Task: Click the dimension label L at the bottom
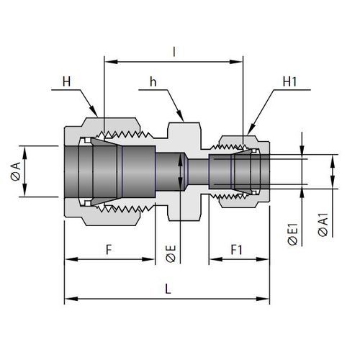pyautogui.click(x=168, y=289)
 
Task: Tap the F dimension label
pyautogui.click(x=109, y=250)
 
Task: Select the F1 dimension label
pyautogui.click(x=237, y=250)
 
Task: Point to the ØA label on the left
pyautogui.click(x=16, y=171)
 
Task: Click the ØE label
pyautogui.click(x=171, y=254)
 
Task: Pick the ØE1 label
pyautogui.click(x=293, y=235)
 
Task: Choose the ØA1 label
pyautogui.click(x=323, y=225)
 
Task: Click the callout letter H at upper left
pyautogui.click(x=67, y=81)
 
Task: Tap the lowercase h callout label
pyautogui.click(x=153, y=81)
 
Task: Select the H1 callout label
pyautogui.click(x=289, y=81)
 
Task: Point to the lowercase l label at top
pyautogui.click(x=174, y=52)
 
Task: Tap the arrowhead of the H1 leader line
pyautogui.click(x=251, y=130)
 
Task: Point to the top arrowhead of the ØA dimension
pyautogui.click(x=24, y=153)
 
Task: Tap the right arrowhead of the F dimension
pyautogui.click(x=148, y=259)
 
